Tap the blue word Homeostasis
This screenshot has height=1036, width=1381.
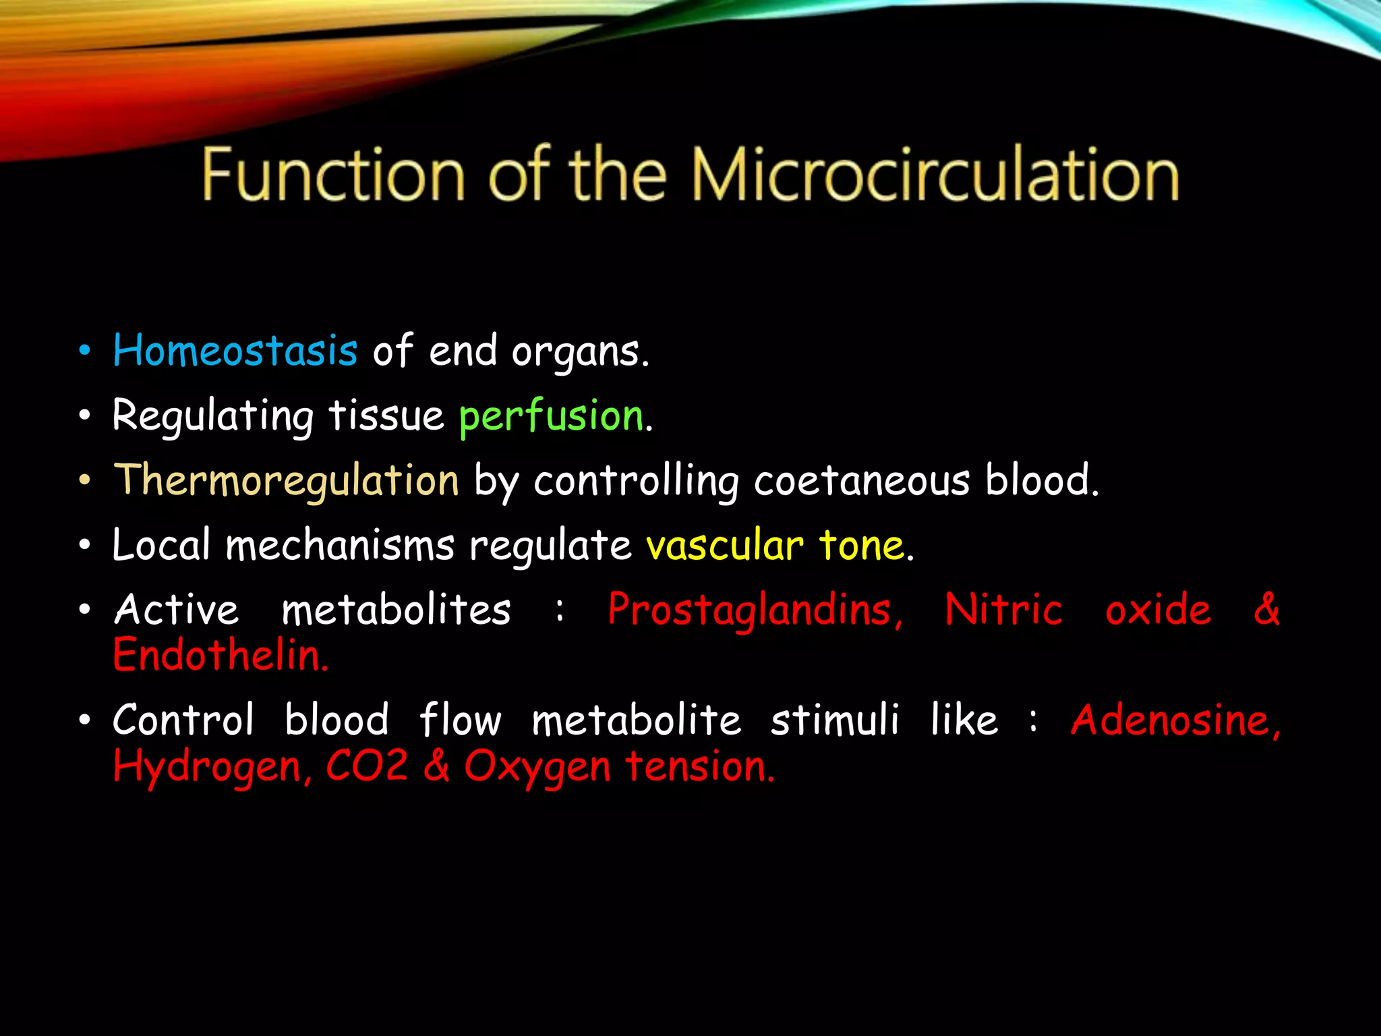[x=235, y=351]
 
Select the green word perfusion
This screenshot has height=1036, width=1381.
[x=552, y=416]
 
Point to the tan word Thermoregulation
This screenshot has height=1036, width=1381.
[x=287, y=481]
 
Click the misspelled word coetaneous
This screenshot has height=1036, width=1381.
[x=862, y=481]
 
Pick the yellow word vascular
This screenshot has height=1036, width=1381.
[x=725, y=545]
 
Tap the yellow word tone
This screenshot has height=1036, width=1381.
[x=862, y=545]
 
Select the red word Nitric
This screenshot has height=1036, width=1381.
[x=1003, y=610]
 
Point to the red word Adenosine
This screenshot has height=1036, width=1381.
[x=1175, y=720]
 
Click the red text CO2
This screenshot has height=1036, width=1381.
[x=367, y=766]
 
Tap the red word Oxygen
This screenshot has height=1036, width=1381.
[x=537, y=768]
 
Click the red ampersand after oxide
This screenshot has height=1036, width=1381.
[x=1266, y=610]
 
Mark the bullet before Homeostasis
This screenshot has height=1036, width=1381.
[x=84, y=351]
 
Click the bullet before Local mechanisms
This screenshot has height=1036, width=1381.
[x=84, y=545]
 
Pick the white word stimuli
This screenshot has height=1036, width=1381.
[x=835, y=720]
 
